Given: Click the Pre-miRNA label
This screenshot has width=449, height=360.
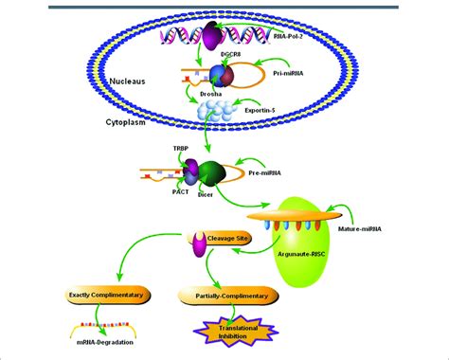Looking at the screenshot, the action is tap(288, 173).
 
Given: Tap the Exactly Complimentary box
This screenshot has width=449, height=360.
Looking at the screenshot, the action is tap(100, 295).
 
